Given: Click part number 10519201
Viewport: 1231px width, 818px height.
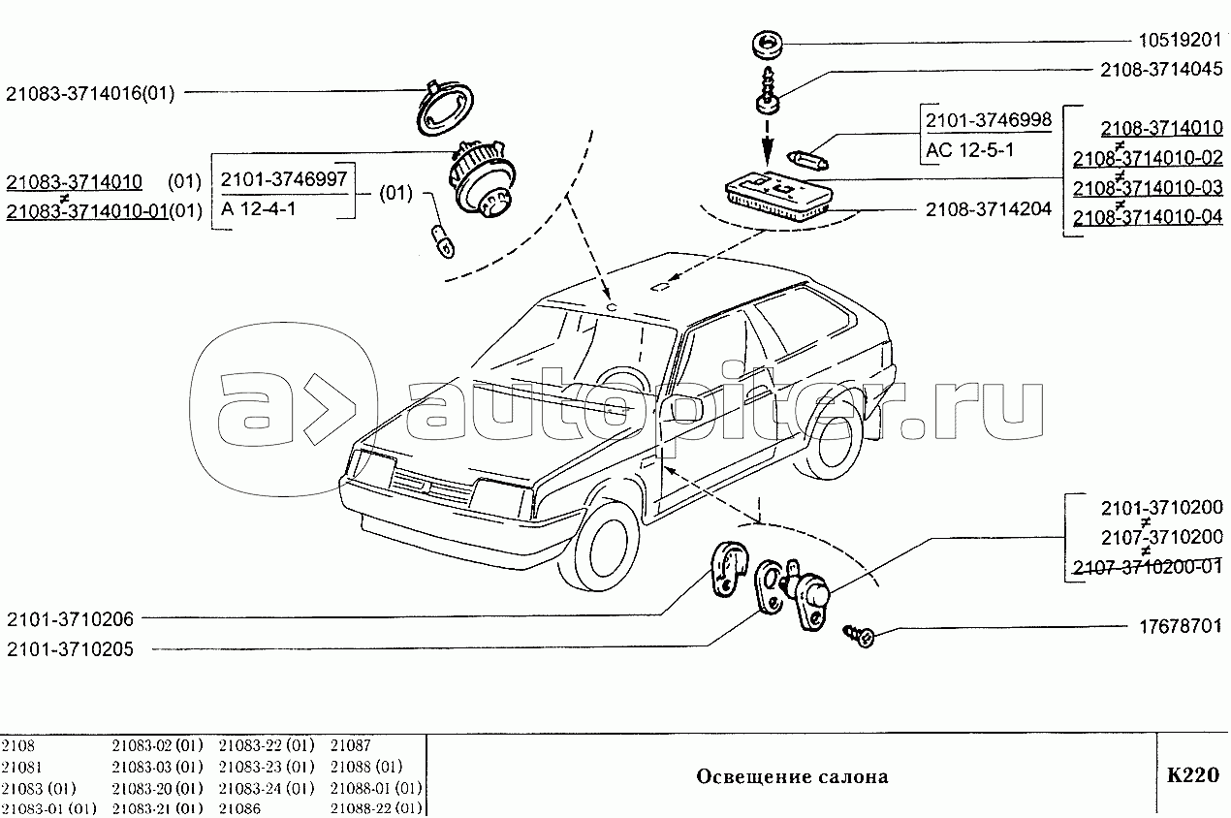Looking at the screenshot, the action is point(1180,40).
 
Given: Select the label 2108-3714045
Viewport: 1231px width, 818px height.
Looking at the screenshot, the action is point(1161,70).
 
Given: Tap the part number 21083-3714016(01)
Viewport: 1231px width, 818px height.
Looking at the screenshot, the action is point(90,93).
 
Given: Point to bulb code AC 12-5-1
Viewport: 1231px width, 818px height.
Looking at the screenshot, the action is point(970,150).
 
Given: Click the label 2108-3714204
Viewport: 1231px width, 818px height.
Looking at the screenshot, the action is point(989,209).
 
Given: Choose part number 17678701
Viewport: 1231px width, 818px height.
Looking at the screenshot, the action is point(1181,626).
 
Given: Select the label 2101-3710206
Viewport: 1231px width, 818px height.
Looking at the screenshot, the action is point(71,619).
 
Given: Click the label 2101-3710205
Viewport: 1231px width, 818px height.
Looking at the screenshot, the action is point(71,649).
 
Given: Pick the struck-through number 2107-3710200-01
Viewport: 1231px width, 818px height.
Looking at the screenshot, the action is point(1148,567).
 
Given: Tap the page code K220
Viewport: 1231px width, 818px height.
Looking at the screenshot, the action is point(1193,775).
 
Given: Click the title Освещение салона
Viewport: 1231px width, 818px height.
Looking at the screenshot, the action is point(792,776).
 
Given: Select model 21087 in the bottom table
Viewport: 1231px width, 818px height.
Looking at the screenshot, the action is point(351,745).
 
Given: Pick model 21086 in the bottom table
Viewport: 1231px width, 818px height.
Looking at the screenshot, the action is point(239,808).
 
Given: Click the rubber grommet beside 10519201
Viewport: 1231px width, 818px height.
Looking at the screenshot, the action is point(767,44).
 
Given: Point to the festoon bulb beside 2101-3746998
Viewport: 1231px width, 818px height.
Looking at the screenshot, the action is point(807,160).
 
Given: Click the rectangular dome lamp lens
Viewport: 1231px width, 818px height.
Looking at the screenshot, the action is point(778,196).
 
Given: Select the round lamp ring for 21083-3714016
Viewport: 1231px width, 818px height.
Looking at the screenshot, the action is point(445,109).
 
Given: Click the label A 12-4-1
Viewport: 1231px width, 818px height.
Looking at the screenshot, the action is point(258,209).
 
